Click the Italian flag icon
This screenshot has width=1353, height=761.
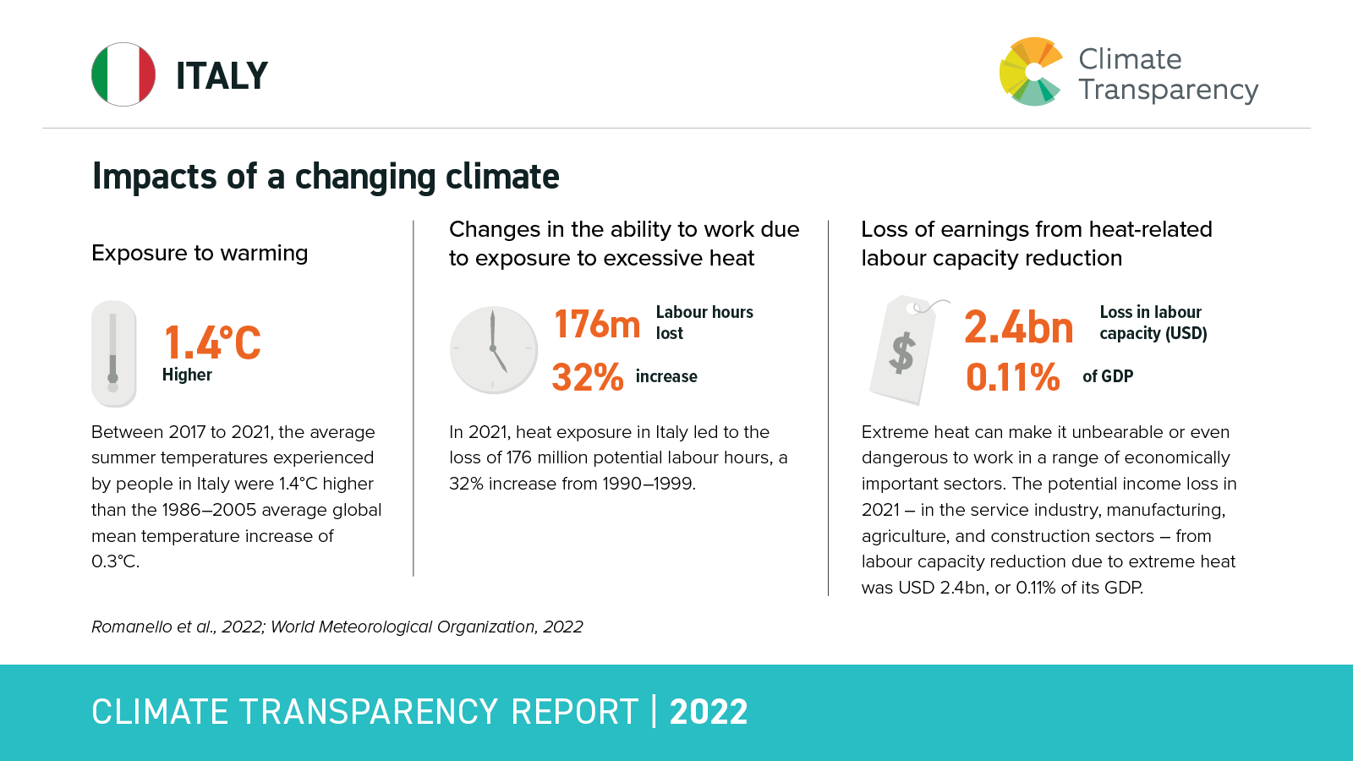click(123, 74)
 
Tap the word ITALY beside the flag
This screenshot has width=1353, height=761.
click(222, 76)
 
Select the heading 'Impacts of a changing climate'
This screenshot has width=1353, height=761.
click(326, 177)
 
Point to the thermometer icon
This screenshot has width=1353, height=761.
click(113, 353)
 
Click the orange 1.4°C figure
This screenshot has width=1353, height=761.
click(212, 342)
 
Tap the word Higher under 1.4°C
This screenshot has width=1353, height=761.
click(187, 375)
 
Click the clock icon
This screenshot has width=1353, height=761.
click(494, 349)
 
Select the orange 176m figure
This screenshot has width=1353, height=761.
click(597, 324)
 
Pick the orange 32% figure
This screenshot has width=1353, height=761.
click(588, 377)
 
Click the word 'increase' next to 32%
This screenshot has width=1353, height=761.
click(666, 376)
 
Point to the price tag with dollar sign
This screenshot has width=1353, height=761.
click(903, 349)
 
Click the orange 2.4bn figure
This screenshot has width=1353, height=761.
click(1019, 327)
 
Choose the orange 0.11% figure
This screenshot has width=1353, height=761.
click(1012, 377)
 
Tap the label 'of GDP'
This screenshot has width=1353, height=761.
click(1108, 376)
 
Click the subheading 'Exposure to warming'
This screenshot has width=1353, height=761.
click(200, 253)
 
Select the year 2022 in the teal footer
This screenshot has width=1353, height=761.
click(709, 712)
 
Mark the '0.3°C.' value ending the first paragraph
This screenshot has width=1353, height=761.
click(115, 561)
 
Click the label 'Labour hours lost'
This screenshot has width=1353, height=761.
click(704, 322)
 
